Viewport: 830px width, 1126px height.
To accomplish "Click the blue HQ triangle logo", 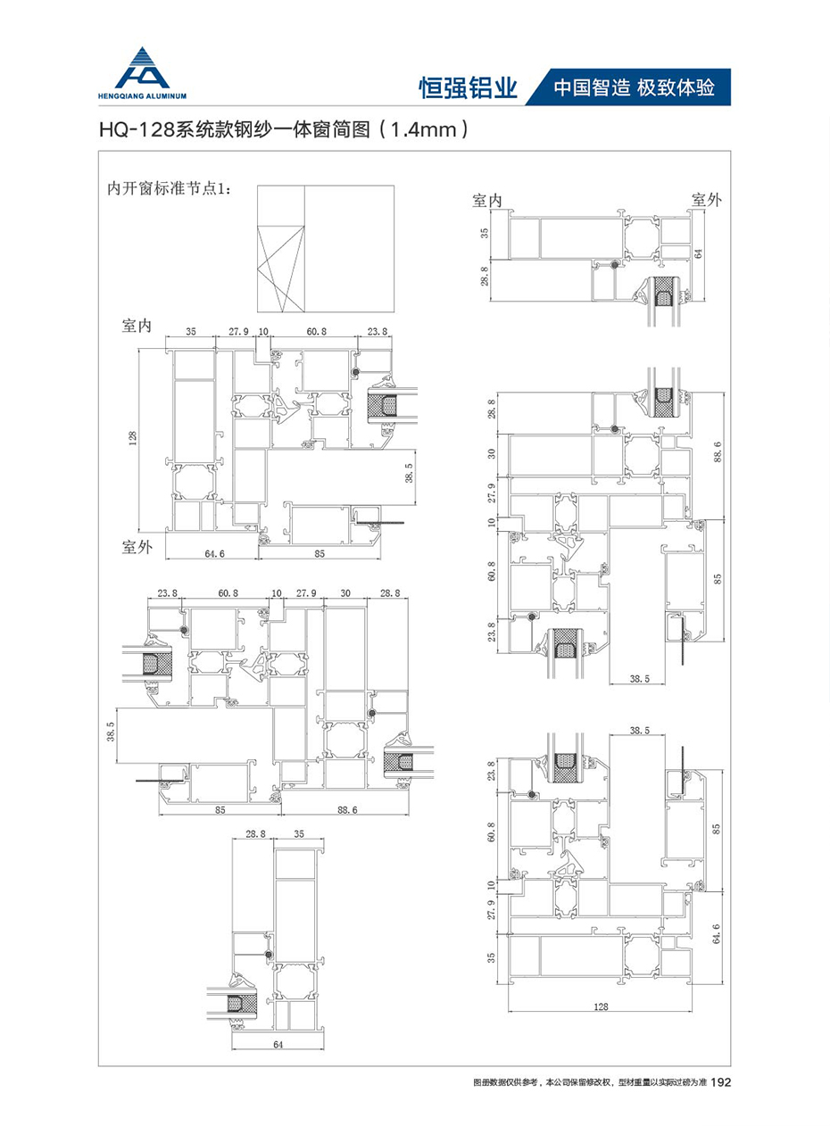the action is pyautogui.click(x=142, y=68).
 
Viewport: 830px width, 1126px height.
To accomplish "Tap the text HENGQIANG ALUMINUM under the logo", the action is pyautogui.click(x=142, y=96).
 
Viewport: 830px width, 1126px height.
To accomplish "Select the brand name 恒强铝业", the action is pyautogui.click(x=469, y=88).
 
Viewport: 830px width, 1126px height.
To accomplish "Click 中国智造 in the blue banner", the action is pyautogui.click(x=592, y=88).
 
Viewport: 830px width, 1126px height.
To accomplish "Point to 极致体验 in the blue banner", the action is pyautogui.click(x=676, y=88).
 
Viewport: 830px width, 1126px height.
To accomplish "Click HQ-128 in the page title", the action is pyautogui.click(x=137, y=130).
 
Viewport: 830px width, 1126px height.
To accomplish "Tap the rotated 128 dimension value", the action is pyautogui.click(x=133, y=438).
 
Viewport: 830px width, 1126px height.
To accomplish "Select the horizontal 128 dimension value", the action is pyautogui.click(x=601, y=1006).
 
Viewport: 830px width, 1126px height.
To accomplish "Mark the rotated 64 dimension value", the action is pyautogui.click(x=698, y=253).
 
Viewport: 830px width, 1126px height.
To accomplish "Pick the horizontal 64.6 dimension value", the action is pyautogui.click(x=215, y=554).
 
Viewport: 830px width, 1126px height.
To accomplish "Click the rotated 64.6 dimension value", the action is pyautogui.click(x=716, y=933).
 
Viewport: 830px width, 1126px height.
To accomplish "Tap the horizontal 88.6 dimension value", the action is pyautogui.click(x=347, y=810).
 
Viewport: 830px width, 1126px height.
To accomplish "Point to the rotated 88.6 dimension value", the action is pyautogui.click(x=718, y=451).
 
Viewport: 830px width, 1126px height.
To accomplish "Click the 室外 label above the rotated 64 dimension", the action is pyautogui.click(x=706, y=200).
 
